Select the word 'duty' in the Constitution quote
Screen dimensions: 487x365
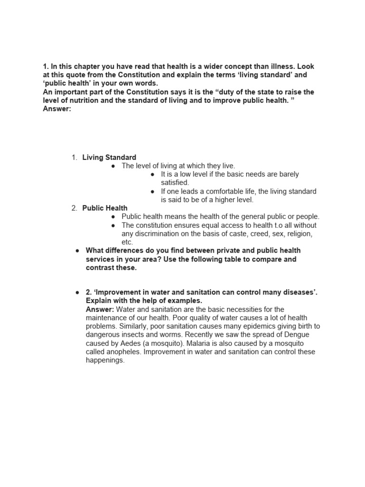[236, 92]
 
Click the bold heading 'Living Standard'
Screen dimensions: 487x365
[109, 157]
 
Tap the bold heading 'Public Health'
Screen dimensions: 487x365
[105, 208]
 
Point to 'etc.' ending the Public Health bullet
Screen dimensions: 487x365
[127, 242]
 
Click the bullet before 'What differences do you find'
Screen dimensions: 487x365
[77, 251]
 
